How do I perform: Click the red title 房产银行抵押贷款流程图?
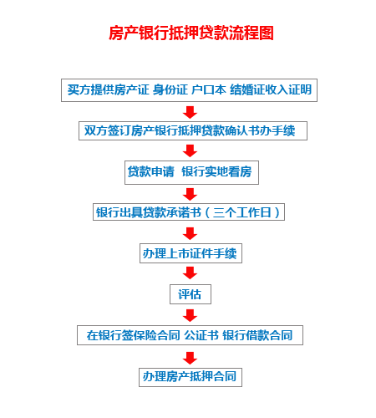[191, 33]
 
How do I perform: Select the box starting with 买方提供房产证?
[189, 90]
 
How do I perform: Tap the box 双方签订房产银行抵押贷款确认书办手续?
[193, 130]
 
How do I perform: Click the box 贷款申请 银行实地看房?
[191, 172]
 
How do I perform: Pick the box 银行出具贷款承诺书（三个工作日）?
[189, 212]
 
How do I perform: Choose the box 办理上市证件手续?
[191, 253]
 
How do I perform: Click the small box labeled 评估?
[191, 294]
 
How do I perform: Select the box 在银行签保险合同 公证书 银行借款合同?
[190, 335]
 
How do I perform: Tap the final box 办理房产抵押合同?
[191, 377]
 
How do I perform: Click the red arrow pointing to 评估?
[190, 273]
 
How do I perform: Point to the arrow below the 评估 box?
[190, 315]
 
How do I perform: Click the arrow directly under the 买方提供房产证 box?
[190, 112]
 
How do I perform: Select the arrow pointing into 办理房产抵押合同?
[190, 358]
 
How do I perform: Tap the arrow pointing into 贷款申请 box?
[190, 150]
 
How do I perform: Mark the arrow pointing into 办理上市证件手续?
[190, 233]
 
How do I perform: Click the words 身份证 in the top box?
[170, 89]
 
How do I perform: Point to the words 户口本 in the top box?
[209, 89]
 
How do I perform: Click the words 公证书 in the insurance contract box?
[201, 335]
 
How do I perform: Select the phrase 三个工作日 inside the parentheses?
[242, 212]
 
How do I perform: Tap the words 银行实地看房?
[216, 171]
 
